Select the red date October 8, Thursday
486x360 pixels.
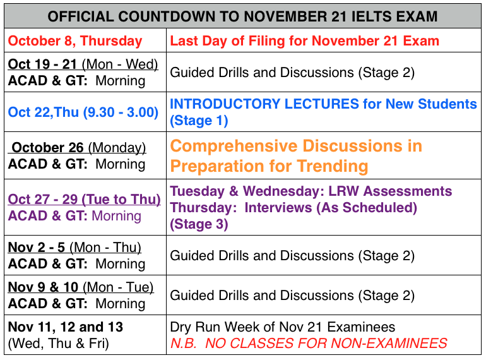click(x=75, y=41)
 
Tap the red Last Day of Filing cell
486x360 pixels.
click(x=305, y=41)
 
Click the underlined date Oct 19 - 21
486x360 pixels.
click(x=43, y=64)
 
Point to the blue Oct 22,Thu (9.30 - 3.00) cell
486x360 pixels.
click(x=83, y=112)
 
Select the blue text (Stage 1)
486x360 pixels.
click(x=199, y=120)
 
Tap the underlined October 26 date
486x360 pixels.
click(x=48, y=148)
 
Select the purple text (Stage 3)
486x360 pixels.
click(x=199, y=224)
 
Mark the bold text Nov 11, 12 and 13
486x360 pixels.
click(x=66, y=327)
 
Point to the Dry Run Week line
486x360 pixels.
click(x=283, y=327)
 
